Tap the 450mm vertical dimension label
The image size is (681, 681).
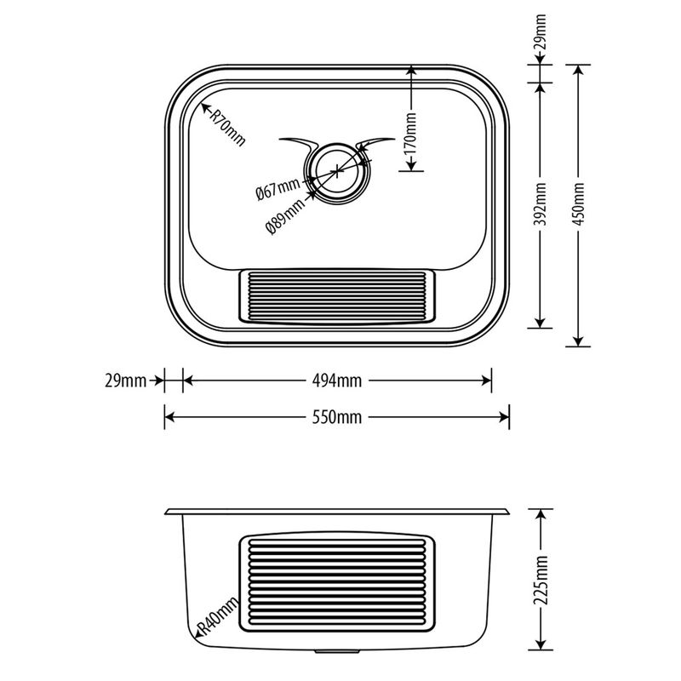(x=579, y=204)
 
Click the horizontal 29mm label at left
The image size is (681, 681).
(x=125, y=381)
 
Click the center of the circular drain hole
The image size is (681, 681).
(x=336, y=169)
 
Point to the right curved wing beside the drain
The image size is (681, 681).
(x=375, y=140)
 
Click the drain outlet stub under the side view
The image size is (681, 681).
(x=337, y=652)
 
